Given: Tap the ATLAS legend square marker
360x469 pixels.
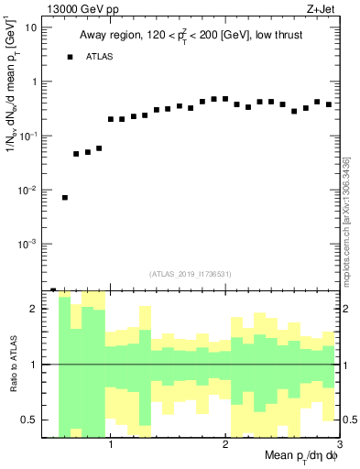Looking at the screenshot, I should [x=70, y=57].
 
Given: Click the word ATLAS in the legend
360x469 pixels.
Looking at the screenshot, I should [x=100, y=57].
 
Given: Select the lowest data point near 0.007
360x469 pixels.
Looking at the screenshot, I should [x=65, y=197].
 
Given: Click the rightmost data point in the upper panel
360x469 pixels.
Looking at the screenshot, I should [x=328, y=104].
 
